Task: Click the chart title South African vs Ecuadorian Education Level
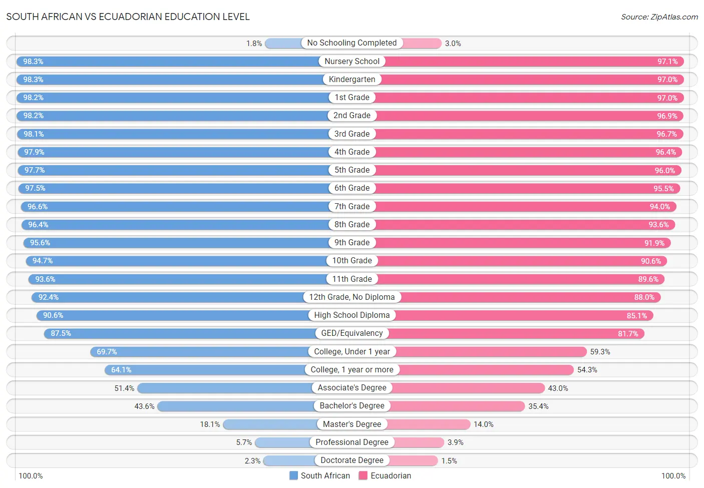128,17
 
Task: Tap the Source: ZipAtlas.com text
659,17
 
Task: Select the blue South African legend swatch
293,475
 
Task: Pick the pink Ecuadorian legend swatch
363,475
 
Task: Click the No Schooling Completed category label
351,43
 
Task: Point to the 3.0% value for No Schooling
453,44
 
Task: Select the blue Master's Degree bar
270,424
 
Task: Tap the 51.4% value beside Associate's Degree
124,388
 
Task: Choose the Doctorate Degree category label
351,460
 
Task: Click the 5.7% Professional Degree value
244,442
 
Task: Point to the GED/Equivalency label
351,333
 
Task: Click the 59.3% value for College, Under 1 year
600,352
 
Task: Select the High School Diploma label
351,315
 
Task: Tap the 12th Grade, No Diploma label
351,297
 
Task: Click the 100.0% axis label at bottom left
31,476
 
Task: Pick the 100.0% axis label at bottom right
673,476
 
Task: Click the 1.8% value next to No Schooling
254,44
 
